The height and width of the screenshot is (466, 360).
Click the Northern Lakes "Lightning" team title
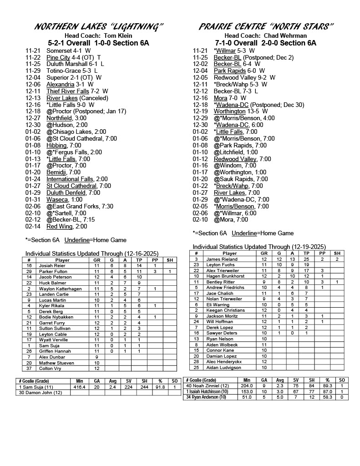tap(99, 26)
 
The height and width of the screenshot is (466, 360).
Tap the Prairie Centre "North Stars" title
tap(266, 26)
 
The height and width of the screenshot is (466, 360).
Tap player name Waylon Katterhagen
tap(59, 289)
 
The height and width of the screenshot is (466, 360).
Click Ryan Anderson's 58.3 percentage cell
tap(326, 397)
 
